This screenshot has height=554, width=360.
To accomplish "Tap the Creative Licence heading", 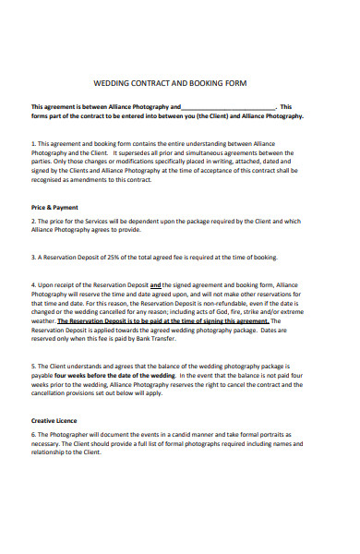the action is tap(54, 420).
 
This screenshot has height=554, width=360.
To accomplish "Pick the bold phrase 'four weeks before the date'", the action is tap(104, 376).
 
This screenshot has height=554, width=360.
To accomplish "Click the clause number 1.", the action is tap(33, 143).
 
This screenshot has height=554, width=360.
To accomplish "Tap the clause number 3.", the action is tap(33, 257).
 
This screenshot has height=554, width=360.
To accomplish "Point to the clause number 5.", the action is tap(33, 367).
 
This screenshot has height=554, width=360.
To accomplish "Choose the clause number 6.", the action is tap(33, 434).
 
